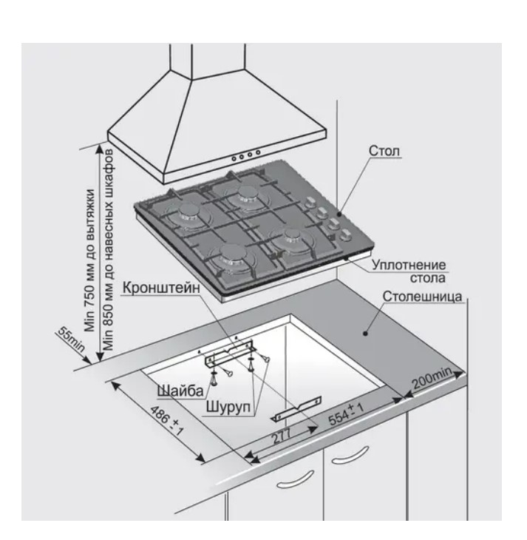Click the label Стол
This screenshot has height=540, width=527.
point(384,151)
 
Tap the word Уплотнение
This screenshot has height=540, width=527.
point(409,265)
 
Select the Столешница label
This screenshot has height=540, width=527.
point(422,297)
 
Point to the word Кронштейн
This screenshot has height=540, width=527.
point(160,288)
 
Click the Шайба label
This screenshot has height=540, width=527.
point(180,391)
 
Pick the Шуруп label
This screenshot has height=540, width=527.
point(228,407)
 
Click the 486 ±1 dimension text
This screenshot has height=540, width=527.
point(167,421)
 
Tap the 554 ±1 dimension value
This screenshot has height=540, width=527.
point(346,414)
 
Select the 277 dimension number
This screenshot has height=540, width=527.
point(282,436)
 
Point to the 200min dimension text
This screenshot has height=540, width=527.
point(432,378)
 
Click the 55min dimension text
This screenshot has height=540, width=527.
point(71,339)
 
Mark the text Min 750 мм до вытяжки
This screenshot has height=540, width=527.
point(89,260)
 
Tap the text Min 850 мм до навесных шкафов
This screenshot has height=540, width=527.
point(109,250)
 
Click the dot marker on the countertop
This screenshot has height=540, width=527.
point(365,333)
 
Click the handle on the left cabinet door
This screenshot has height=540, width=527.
point(295,479)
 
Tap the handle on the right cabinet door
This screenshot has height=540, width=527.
point(350,455)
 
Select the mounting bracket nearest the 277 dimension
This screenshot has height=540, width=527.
point(297,409)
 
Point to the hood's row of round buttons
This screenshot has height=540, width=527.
point(245,155)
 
